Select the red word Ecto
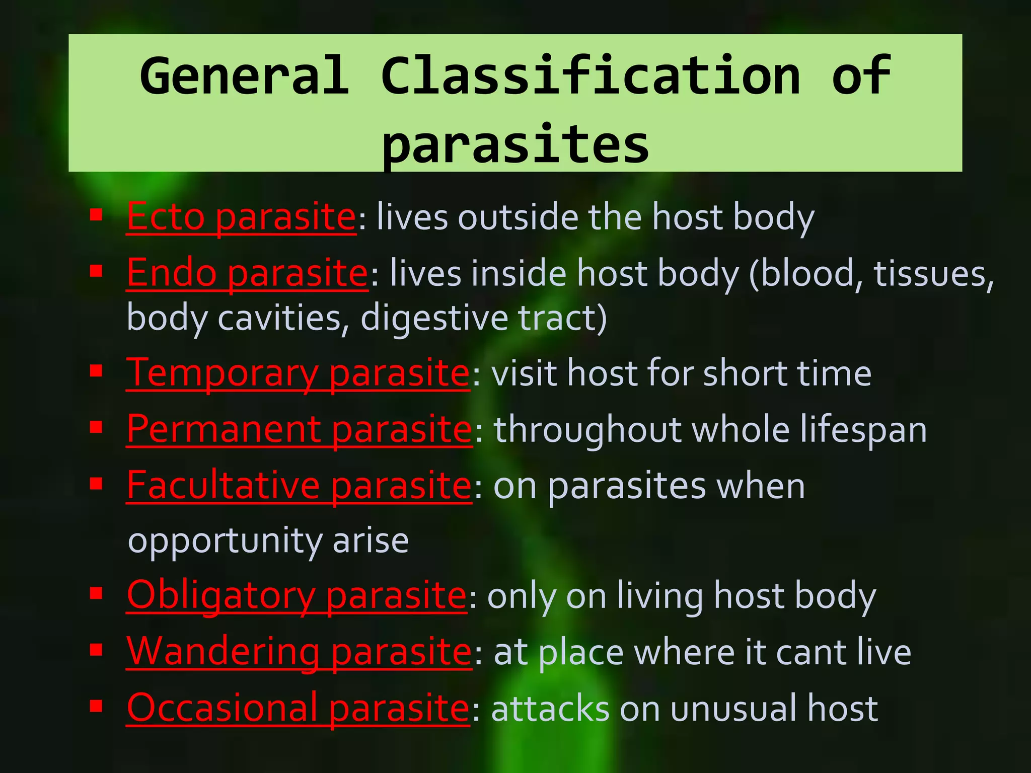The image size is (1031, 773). [166, 217]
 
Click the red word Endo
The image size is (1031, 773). [172, 273]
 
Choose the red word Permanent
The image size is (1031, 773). [224, 429]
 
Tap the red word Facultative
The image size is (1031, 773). [223, 485]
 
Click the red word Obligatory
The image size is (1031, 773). [220, 595]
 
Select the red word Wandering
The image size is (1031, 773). [223, 651]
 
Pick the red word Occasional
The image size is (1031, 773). [222, 708]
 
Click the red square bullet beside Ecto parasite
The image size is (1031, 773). [96, 215]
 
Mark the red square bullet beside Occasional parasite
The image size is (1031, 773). [96, 706]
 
